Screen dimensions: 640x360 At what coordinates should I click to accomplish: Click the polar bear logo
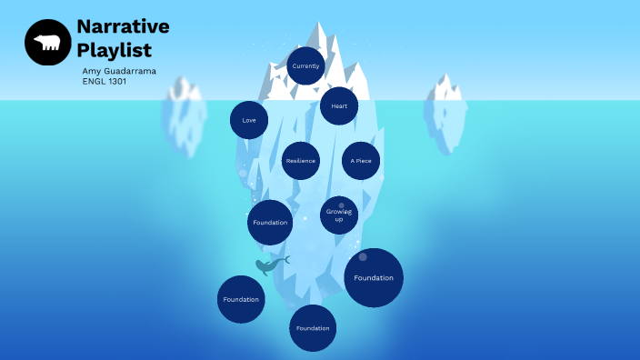[47, 43]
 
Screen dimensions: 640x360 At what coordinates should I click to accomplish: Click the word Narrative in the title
[123, 26]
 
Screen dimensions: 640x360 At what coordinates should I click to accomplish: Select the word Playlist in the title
[114, 51]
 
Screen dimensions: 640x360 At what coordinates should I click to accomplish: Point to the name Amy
[91, 71]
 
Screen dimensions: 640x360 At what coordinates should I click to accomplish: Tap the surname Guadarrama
[131, 71]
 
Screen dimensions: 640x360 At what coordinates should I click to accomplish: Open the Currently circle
[305, 66]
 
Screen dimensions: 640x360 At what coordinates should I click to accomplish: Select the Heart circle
[339, 106]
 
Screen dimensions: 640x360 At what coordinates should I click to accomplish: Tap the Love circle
[249, 120]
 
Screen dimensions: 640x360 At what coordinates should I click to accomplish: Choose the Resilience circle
[300, 161]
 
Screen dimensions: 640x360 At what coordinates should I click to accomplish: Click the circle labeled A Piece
[361, 161]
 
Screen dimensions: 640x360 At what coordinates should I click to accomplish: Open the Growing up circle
[339, 215]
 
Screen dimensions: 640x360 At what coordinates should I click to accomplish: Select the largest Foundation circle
[374, 277]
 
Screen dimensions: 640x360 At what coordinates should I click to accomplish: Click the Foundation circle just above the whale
[270, 223]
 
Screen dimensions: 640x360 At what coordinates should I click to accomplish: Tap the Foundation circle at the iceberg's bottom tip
[313, 328]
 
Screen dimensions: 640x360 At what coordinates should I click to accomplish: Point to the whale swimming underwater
[270, 265]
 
